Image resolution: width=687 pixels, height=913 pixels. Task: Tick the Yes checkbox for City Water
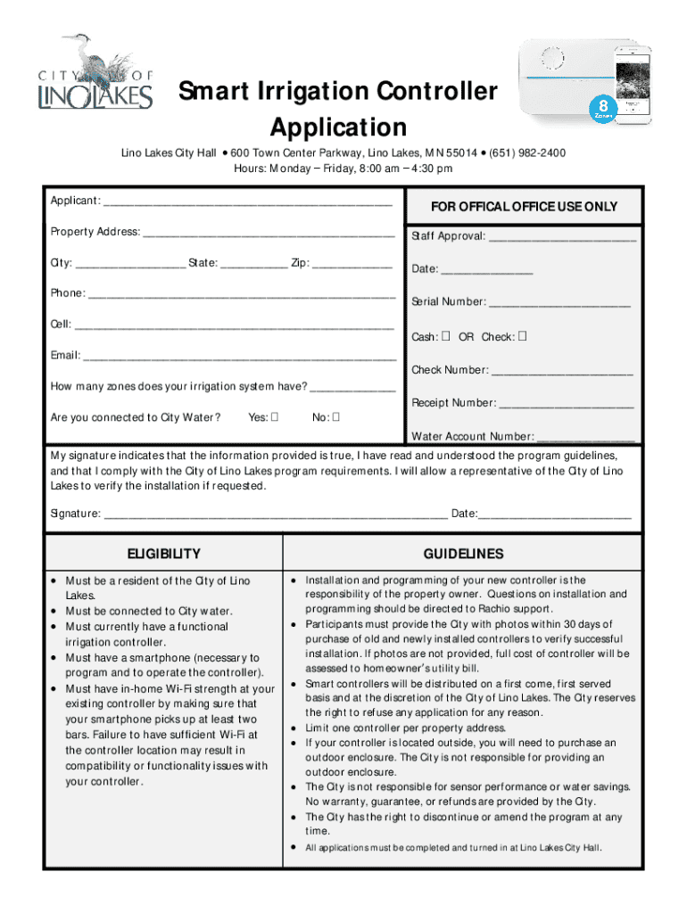(276, 417)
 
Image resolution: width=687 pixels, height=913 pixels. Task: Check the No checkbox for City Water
(336, 417)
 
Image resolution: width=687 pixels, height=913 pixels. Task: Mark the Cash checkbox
(444, 337)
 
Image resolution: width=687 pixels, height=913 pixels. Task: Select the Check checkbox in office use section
(523, 337)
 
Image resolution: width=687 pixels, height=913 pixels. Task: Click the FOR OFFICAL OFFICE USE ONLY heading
(524, 207)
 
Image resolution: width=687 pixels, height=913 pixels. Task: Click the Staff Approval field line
(563, 238)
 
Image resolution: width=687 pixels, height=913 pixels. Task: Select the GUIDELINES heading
(463, 554)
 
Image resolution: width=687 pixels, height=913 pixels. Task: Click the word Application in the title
(338, 127)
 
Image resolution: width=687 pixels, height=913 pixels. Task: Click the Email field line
(239, 357)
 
